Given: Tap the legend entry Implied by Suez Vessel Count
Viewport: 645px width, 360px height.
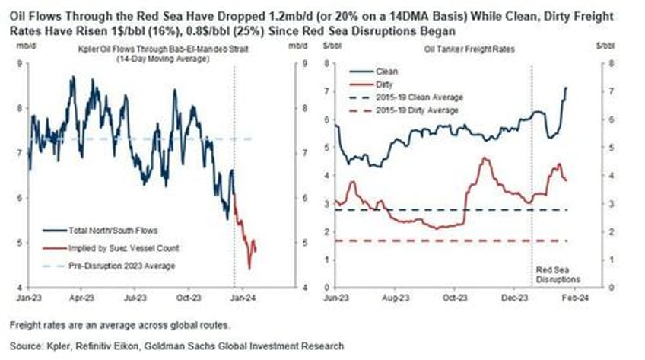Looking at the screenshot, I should click(113, 247).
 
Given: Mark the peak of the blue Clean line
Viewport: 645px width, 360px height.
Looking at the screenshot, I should click(566, 88).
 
